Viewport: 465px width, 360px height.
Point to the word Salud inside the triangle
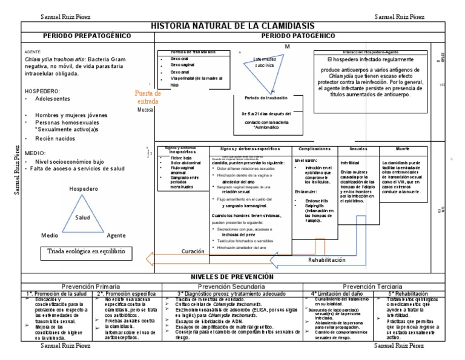[82, 218]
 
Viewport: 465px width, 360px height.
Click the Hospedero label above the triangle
[83, 189]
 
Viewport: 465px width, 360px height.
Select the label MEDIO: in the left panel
[34, 153]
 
